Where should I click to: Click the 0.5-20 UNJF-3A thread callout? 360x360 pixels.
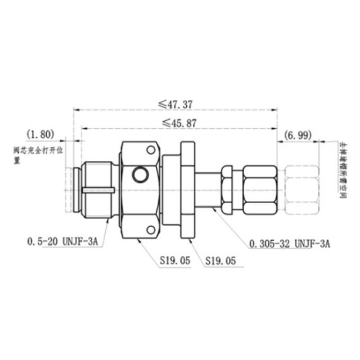[x=62, y=242]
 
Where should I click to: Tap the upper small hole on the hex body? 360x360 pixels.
[x=150, y=150]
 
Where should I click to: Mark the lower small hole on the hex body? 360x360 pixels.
[x=150, y=229]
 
